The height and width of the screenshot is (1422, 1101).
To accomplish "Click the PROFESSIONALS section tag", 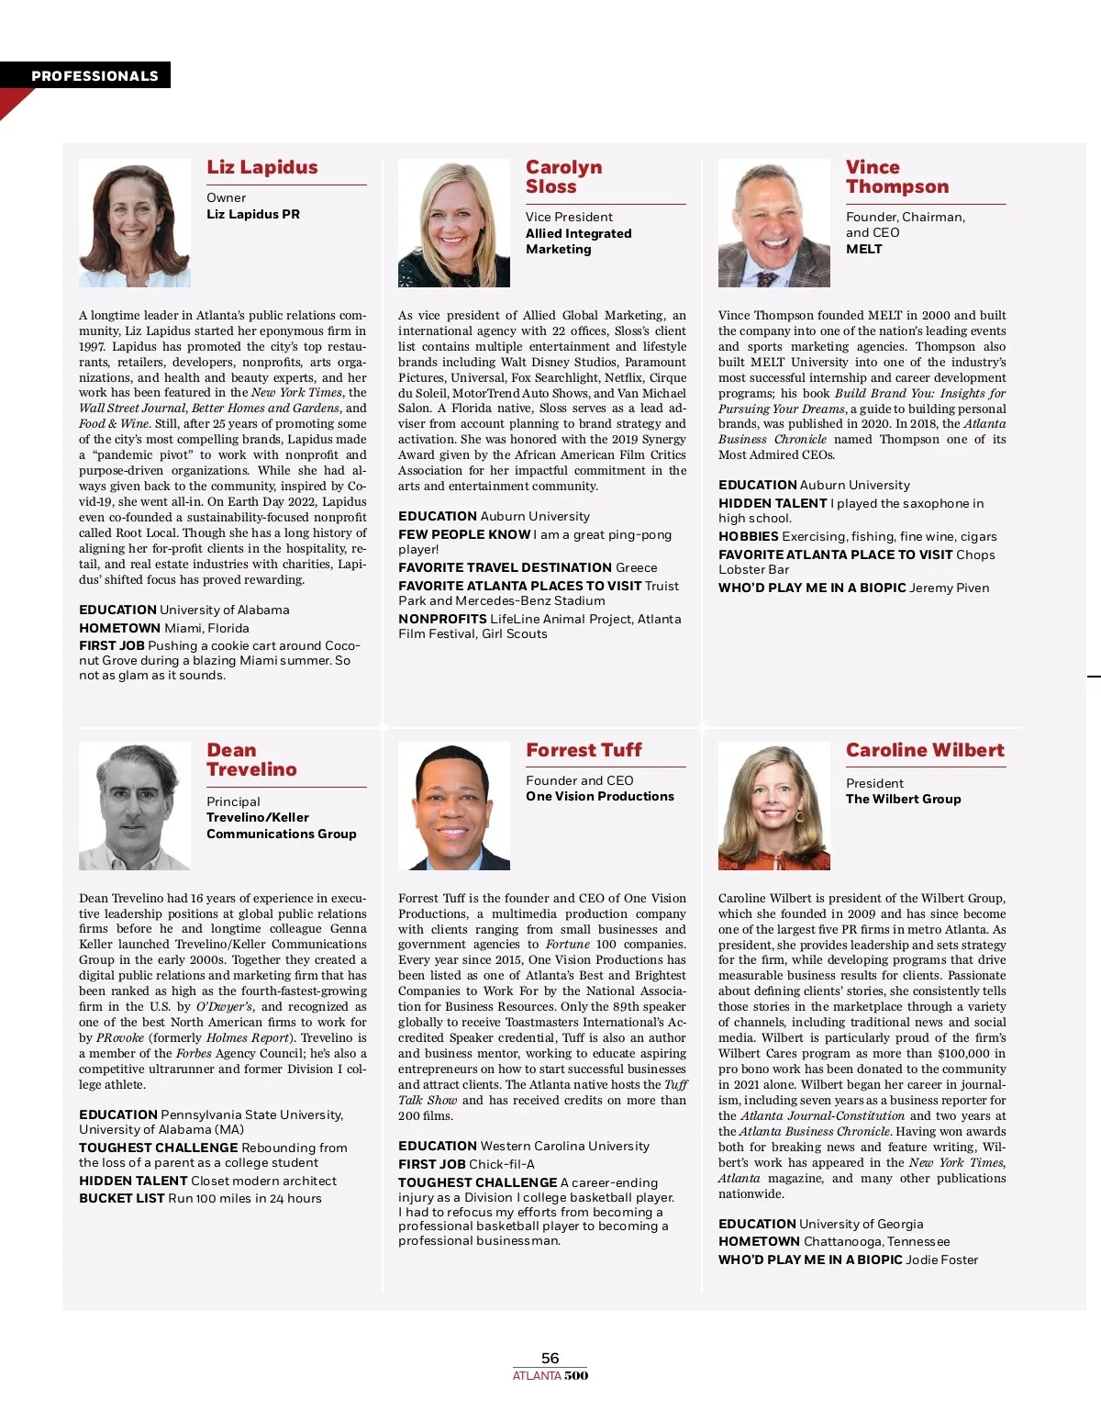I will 95,76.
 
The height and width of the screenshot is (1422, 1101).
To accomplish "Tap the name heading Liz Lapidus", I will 262,167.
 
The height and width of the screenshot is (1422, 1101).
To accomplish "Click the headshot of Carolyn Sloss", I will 453,223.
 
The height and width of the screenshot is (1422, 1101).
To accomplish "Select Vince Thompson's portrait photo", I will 773,223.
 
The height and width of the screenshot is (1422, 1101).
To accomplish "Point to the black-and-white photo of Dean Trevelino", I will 134,806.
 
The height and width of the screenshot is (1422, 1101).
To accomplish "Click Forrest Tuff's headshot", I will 453,806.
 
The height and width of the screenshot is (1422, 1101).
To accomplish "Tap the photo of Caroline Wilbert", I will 773,806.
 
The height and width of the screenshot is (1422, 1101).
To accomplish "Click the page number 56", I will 550,1358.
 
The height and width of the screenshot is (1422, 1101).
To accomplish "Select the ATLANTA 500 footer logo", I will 550,1375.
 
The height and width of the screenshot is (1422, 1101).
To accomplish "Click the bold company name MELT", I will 864,249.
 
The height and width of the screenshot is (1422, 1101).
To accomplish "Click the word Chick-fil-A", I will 502,1164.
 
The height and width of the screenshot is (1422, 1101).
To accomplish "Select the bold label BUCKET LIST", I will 122,1198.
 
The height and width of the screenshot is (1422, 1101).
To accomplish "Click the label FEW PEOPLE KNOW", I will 464,534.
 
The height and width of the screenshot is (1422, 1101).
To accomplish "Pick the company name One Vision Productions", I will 600,796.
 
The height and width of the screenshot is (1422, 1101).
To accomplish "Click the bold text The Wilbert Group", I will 904,799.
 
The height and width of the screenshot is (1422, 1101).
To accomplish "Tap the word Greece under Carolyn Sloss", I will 637,567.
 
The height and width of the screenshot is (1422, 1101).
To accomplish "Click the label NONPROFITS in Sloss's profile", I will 442,619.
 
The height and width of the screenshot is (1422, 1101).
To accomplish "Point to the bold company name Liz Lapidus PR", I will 253,214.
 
